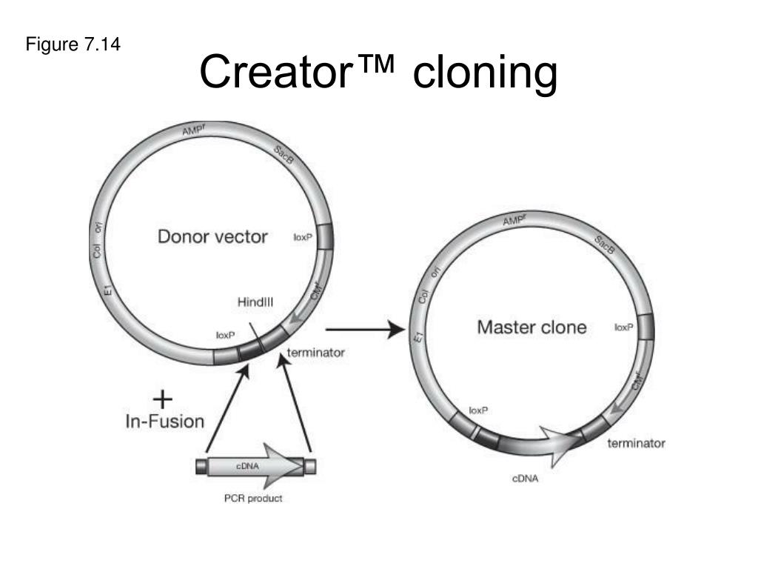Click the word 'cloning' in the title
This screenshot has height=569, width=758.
[485, 73]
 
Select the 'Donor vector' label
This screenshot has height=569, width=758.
[212, 237]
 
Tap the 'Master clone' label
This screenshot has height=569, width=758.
[531, 327]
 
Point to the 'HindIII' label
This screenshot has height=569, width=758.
[255, 302]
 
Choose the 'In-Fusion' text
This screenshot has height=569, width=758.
[164, 422]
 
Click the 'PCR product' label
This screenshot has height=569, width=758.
[253, 498]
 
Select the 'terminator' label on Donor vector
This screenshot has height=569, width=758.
[315, 353]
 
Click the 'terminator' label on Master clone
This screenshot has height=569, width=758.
[636, 444]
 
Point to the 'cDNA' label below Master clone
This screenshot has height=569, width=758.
[526, 478]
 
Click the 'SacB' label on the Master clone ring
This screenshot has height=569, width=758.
[605, 245]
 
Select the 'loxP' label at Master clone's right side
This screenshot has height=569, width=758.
[623, 327]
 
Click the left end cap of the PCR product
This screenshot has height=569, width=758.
[201, 466]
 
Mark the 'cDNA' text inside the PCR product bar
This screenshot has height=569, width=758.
[246, 465]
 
